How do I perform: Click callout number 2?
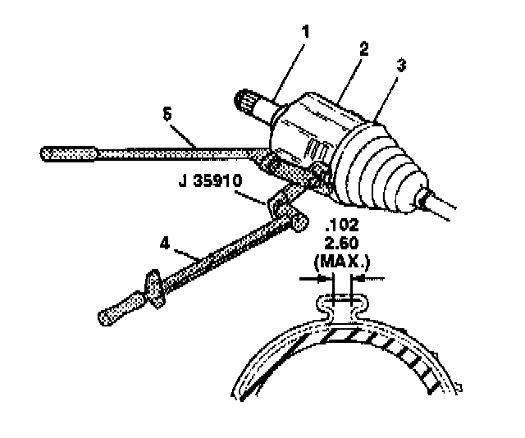click(363, 48)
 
